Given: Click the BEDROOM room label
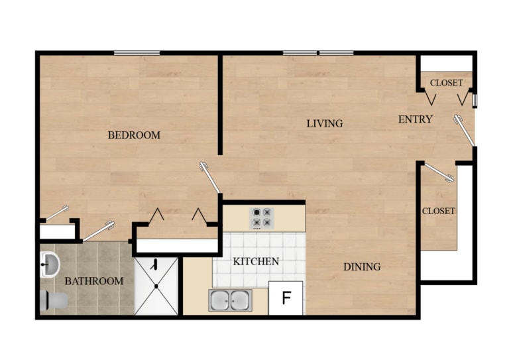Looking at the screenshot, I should pyautogui.click(x=134, y=135).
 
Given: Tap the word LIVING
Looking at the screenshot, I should pyautogui.click(x=324, y=123).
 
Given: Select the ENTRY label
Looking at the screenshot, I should pyautogui.click(x=415, y=119).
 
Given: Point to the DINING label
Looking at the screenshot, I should pyautogui.click(x=362, y=267).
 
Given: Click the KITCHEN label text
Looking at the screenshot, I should pyautogui.click(x=256, y=261).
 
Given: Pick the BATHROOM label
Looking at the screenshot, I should pyautogui.click(x=93, y=281).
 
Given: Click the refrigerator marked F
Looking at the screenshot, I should pyautogui.click(x=286, y=298).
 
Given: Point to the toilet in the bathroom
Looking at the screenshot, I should pyautogui.click(x=52, y=301).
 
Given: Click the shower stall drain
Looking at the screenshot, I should pyautogui.click(x=156, y=286).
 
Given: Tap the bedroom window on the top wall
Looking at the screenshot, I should pyautogui.click(x=137, y=53).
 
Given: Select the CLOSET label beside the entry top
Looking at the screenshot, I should pyautogui.click(x=447, y=83).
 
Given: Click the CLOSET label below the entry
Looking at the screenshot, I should pyautogui.click(x=439, y=211).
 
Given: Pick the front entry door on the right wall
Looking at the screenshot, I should pyautogui.click(x=464, y=130).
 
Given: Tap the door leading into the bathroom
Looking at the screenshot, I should pyautogui.click(x=99, y=230).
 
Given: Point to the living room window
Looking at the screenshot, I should pyautogui.click(x=318, y=53).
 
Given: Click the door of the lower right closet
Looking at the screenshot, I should pyautogui.click(x=438, y=172).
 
